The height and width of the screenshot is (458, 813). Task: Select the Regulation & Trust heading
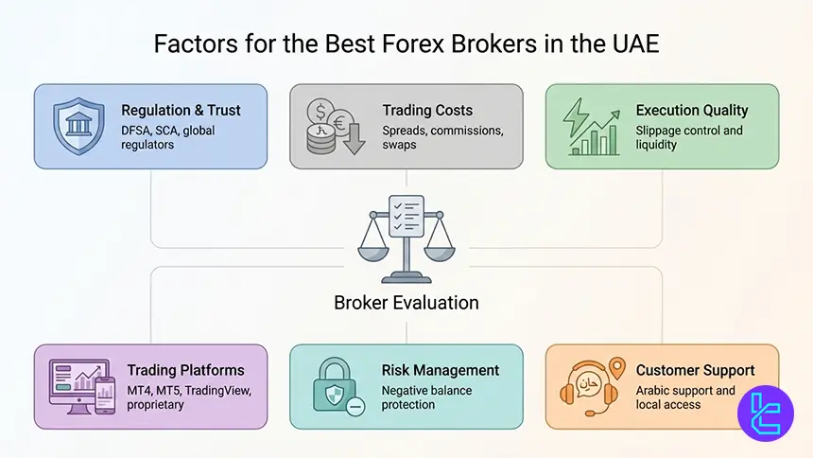[181, 111]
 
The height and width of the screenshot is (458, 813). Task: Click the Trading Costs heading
[428, 111]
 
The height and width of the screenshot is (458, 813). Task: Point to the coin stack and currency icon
[334, 127]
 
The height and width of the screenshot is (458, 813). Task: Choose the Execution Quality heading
[692, 111]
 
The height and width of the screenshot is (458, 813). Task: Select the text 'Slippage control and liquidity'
[688, 136]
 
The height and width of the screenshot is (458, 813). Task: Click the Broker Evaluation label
[406, 303]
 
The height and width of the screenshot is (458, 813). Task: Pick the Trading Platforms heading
[185, 370]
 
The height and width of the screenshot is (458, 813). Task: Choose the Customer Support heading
[694, 370]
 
